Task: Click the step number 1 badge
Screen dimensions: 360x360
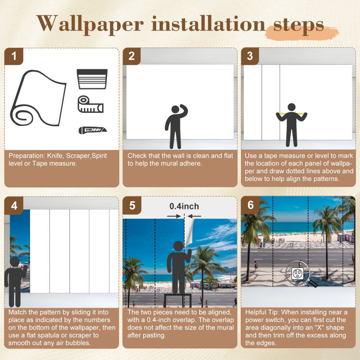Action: pyautogui.click(x=14, y=56)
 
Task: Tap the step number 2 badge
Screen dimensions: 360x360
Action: pyautogui.click(x=131, y=56)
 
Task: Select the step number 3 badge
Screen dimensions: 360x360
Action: pyautogui.click(x=250, y=56)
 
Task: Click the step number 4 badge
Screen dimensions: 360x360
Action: pyautogui.click(x=14, y=206)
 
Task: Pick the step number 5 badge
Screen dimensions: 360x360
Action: pyautogui.click(x=132, y=206)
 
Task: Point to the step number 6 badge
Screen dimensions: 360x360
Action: pyautogui.click(x=251, y=205)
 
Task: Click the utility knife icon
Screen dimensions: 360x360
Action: pyautogui.click(x=93, y=130)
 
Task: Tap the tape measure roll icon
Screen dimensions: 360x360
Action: pyautogui.click(x=90, y=104)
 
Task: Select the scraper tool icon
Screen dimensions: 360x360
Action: pyautogui.click(x=92, y=79)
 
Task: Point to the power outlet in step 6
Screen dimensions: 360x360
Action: pyautogui.click(x=297, y=273)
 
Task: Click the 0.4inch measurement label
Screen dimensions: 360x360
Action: pyautogui.click(x=184, y=206)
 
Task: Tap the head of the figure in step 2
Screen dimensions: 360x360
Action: pyautogui.click(x=175, y=109)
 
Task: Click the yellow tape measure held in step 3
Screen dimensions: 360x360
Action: pyautogui.click(x=292, y=113)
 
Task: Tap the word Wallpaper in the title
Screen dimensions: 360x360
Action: pyautogui.click(x=90, y=24)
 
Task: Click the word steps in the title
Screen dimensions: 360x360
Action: pyautogui.click(x=298, y=25)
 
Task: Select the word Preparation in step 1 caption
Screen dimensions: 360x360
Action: pyautogui.click(x=27, y=156)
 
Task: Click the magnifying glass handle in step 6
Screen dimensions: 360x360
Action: pyautogui.click(x=312, y=283)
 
